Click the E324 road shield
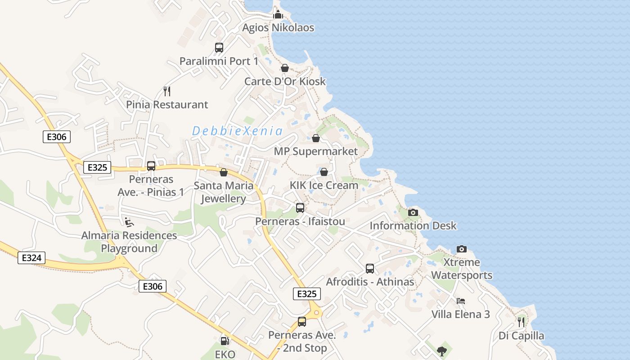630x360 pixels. point(31,258)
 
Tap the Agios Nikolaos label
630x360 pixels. point(278,28)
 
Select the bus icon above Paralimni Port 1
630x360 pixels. point(219,48)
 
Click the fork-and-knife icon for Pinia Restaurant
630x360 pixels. point(167,91)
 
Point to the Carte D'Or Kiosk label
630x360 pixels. point(285,81)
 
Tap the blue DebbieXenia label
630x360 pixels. point(237,131)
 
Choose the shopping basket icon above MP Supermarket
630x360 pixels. point(316,138)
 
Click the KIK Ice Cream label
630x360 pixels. point(324,185)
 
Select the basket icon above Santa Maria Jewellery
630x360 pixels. point(224,172)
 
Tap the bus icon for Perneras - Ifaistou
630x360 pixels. point(300,208)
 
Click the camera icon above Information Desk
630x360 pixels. point(413,212)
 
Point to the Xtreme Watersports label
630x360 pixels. point(462,269)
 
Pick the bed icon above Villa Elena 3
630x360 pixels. point(460,301)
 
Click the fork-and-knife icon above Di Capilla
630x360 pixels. point(521,322)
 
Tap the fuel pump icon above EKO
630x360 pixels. point(225,341)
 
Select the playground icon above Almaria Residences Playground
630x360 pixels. point(129,221)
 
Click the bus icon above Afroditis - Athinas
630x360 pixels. point(370,269)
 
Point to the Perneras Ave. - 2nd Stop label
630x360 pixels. point(302,342)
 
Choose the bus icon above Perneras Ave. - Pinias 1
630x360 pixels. point(151,166)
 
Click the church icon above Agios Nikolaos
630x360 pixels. point(278,14)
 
